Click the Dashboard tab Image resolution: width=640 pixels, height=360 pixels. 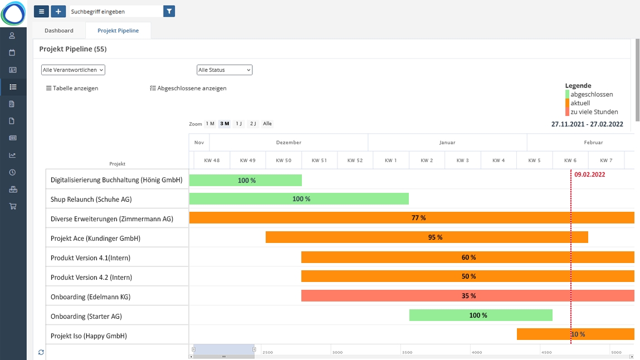coord(58,31)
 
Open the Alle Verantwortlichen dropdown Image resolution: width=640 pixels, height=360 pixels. coord(73,70)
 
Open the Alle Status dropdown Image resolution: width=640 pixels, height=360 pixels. coord(224,70)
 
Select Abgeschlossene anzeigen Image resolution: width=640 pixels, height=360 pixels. coord(188,88)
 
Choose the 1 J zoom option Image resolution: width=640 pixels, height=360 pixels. coord(239,124)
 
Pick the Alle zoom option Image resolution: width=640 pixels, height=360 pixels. coord(267,124)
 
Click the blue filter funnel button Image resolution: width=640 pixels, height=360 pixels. coord(169,11)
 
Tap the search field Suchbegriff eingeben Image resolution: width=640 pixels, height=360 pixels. coord(116,11)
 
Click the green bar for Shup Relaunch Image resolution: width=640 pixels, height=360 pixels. coord(299,199)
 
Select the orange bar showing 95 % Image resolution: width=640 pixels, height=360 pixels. coord(427,237)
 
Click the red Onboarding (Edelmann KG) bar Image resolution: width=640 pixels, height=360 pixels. coord(467,296)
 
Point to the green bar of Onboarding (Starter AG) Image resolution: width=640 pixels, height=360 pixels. coord(481,315)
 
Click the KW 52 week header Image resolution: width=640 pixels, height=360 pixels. coord(355,160)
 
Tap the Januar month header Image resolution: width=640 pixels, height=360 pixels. coord(447,143)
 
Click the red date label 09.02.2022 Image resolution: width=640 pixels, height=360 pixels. coord(590,174)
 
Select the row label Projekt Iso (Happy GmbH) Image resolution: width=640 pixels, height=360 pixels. coord(89,336)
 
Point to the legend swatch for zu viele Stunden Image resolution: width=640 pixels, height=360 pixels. coord(567,112)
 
